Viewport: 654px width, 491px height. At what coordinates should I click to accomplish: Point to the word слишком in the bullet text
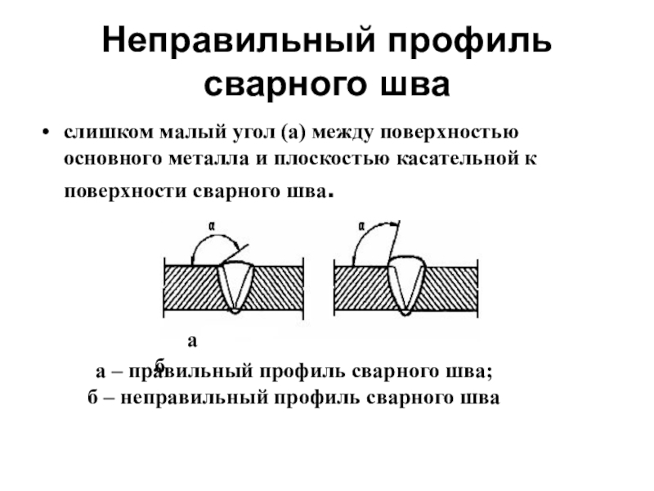[x=96, y=133]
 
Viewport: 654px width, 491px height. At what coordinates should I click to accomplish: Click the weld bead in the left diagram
[x=235, y=286]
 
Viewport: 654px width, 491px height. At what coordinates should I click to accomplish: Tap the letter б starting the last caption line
[x=92, y=398]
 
